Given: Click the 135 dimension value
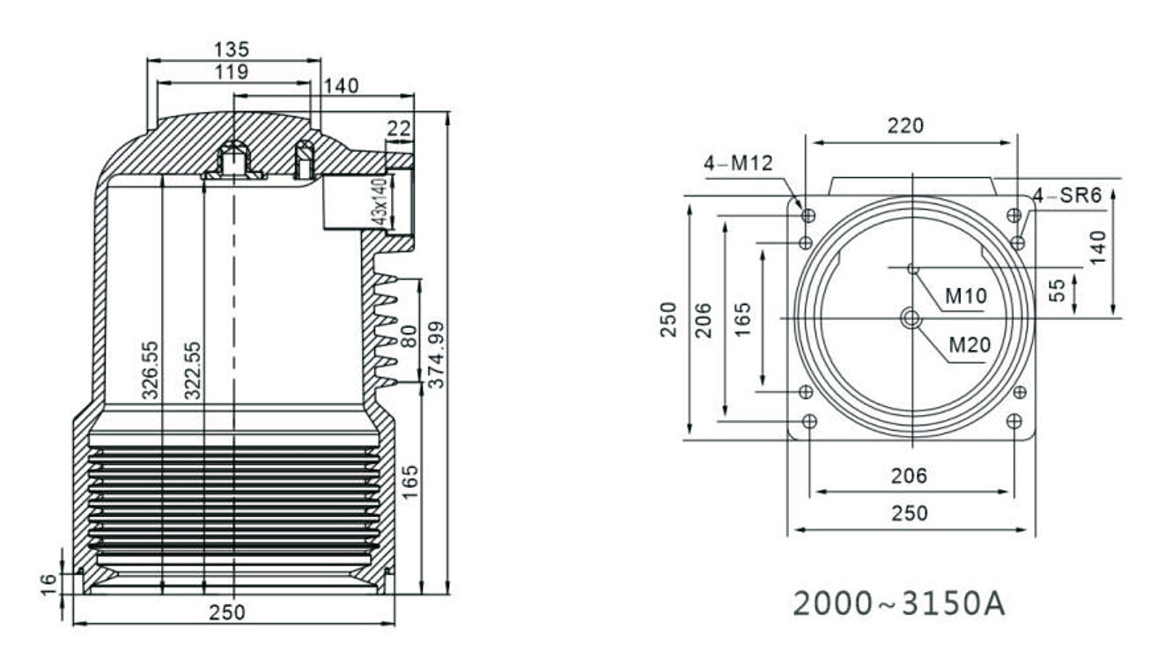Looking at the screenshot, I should [x=232, y=48].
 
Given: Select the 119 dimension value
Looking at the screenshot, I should [x=231, y=71].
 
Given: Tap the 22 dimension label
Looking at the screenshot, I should [x=399, y=129].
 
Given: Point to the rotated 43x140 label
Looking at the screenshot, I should [x=380, y=202].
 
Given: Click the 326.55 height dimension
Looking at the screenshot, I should [x=151, y=370].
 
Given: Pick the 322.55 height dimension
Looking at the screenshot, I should [x=193, y=370].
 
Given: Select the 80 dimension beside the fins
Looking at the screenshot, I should [x=408, y=337].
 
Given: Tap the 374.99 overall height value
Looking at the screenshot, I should [x=436, y=355].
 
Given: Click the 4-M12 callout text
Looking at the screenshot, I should [x=737, y=163].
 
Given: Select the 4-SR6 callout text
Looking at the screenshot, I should [x=1067, y=196].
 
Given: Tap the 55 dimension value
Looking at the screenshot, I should [x=1058, y=289].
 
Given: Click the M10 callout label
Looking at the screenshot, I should [x=966, y=297].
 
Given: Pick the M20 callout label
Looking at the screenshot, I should [x=969, y=344].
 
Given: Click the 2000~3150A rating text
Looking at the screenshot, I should [x=899, y=603].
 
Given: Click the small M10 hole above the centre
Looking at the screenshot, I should [x=912, y=268].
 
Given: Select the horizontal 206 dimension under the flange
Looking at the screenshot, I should [x=909, y=477].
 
